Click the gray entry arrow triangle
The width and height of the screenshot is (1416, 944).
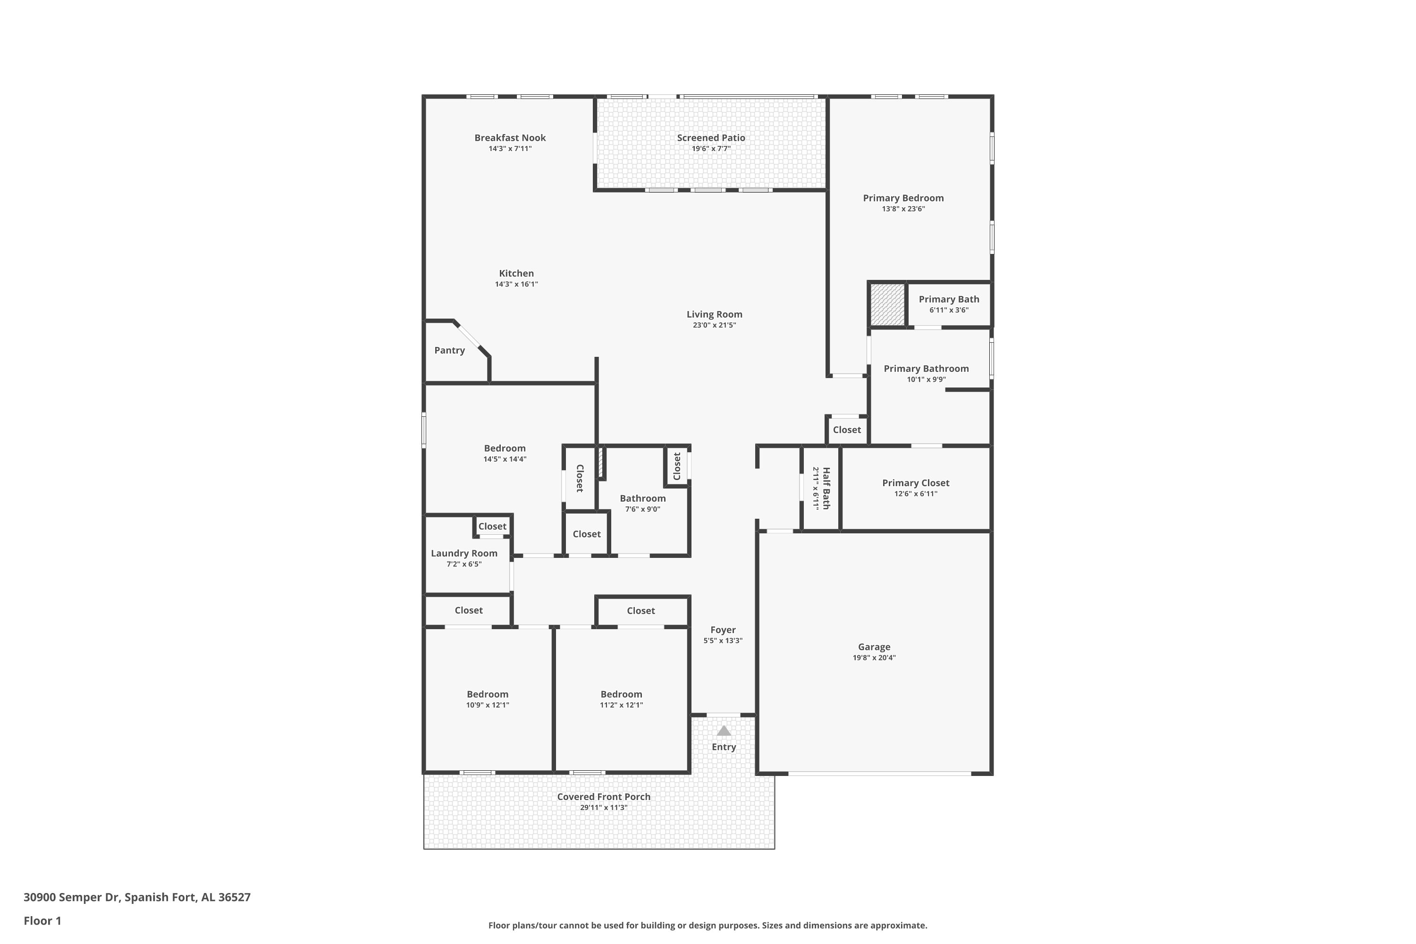(x=724, y=731)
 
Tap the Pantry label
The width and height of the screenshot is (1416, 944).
(x=450, y=350)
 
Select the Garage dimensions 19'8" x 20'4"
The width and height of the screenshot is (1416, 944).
(x=874, y=658)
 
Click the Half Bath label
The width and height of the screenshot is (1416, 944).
(x=826, y=488)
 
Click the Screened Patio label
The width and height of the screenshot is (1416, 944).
(x=711, y=138)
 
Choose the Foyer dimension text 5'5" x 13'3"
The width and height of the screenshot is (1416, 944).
(x=723, y=641)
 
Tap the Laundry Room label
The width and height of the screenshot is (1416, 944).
(x=464, y=554)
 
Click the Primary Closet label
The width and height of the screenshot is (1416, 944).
(x=916, y=483)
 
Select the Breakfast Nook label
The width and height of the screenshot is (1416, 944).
(x=510, y=138)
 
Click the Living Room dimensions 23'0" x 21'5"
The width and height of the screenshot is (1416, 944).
(x=715, y=326)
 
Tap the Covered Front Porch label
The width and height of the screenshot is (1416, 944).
(x=604, y=797)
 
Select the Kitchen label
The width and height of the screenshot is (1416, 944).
(x=516, y=273)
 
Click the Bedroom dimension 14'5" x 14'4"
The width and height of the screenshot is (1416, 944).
(x=505, y=459)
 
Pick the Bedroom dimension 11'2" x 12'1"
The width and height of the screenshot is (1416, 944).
(x=621, y=706)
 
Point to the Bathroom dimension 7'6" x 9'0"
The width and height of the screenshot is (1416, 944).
(x=643, y=509)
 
